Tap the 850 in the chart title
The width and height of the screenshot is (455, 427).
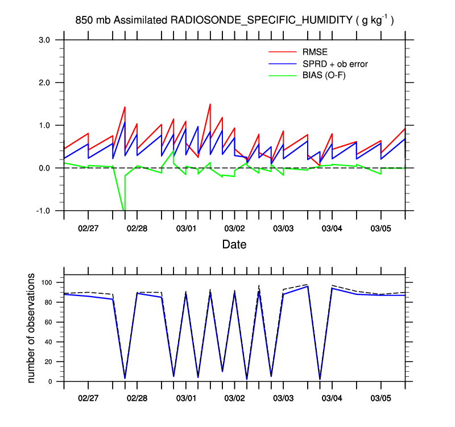84,20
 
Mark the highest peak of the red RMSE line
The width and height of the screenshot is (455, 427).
210,104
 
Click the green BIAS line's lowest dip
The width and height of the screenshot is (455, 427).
124,210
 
